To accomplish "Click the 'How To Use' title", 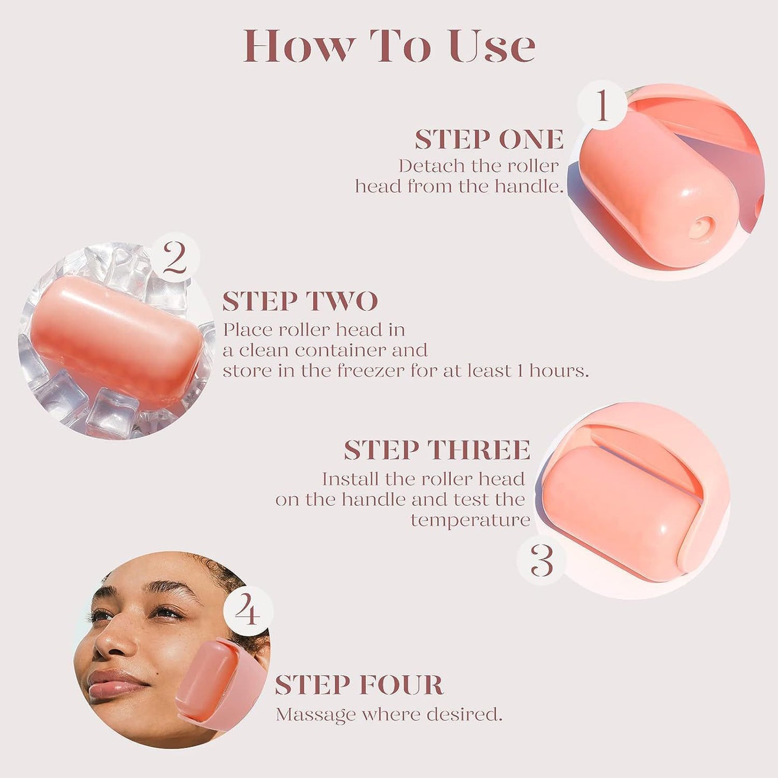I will (389, 46).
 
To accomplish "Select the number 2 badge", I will (174, 258).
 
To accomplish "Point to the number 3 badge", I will (541, 560).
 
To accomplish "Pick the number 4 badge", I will (248, 611).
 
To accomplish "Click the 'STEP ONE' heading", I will (489, 140).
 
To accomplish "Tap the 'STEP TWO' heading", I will (300, 302).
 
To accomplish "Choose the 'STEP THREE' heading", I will (437, 450).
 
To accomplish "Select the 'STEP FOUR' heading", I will (359, 685).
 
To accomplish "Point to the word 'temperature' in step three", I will (470, 521).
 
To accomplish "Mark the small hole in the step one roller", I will (700, 227).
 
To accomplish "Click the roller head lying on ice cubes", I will (116, 339).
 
